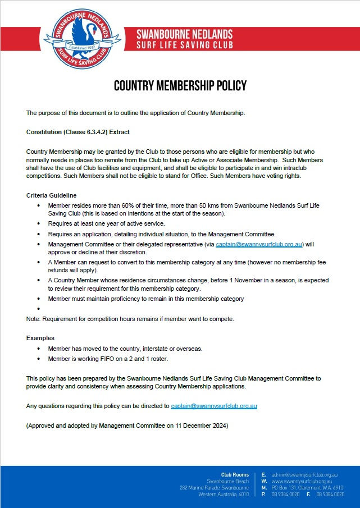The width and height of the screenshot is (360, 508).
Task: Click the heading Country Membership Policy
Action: (180, 86)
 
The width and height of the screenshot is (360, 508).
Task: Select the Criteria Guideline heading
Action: (51, 195)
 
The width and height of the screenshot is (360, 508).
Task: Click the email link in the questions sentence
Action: (214, 405)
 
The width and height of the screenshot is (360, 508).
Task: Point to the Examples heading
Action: (40, 338)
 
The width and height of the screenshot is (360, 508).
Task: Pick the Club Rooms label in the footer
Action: (235, 475)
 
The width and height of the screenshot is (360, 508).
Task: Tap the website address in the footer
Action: (301, 482)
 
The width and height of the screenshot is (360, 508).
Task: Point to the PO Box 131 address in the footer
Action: (288, 488)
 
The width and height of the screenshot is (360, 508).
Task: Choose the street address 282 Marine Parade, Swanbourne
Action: (214, 488)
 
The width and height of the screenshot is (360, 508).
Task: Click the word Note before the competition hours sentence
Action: (33, 319)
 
